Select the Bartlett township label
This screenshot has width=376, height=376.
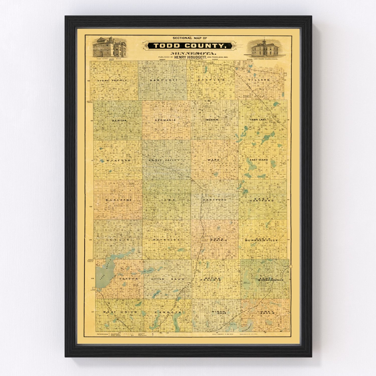pos(164,80)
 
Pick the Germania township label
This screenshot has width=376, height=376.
pos(165,120)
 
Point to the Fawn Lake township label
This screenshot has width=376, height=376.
pos(258,120)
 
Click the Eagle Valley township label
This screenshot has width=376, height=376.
pos(164,160)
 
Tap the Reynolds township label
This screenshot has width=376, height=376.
pos(167,240)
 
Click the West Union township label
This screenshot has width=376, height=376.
pos(120,312)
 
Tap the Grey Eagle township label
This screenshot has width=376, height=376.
pos(268,313)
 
